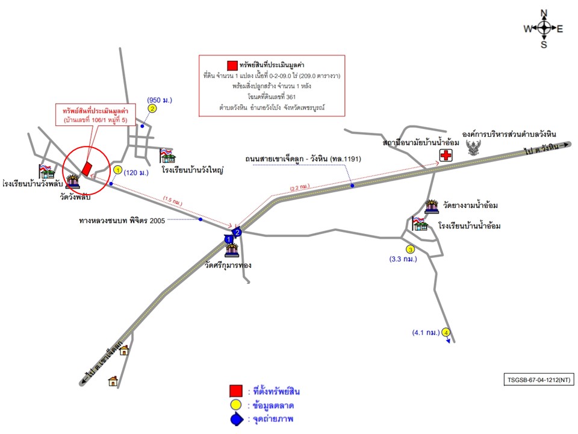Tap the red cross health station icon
pyautogui.click(x=446, y=156)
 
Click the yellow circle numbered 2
pyautogui.click(x=152, y=108)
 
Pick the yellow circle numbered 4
pyautogui.click(x=446, y=332)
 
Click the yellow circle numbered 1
pyautogui.click(x=117, y=171)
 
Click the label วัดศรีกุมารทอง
pyautogui.click(x=228, y=265)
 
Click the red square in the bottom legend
pyautogui.click(x=236, y=391)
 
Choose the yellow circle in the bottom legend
pyautogui.click(x=236, y=406)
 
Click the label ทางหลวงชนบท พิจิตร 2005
pyautogui.click(x=123, y=220)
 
